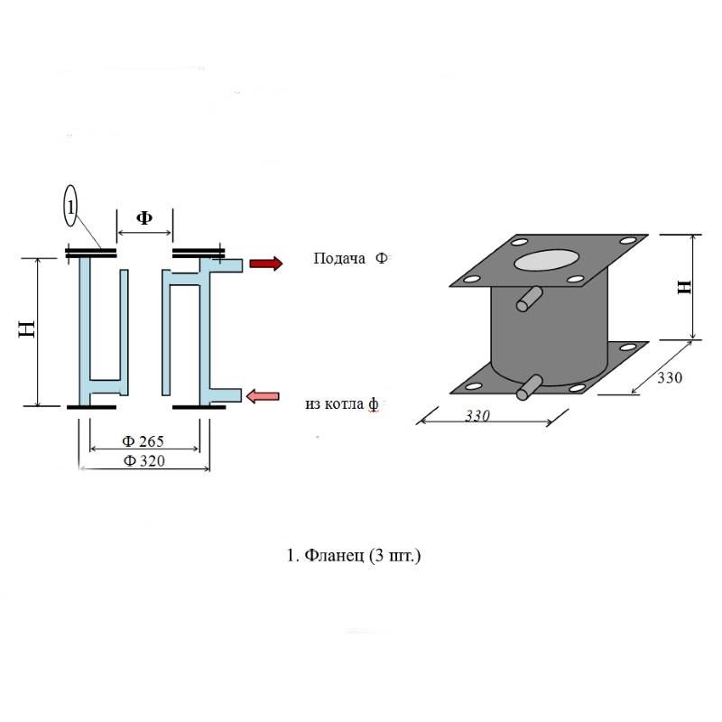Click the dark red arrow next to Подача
point(265,264)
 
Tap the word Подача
point(339,259)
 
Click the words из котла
point(335,403)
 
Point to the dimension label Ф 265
point(143,442)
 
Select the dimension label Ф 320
point(143,461)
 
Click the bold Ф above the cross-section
point(143,218)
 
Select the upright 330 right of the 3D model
point(669,378)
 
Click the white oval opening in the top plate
point(549,260)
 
